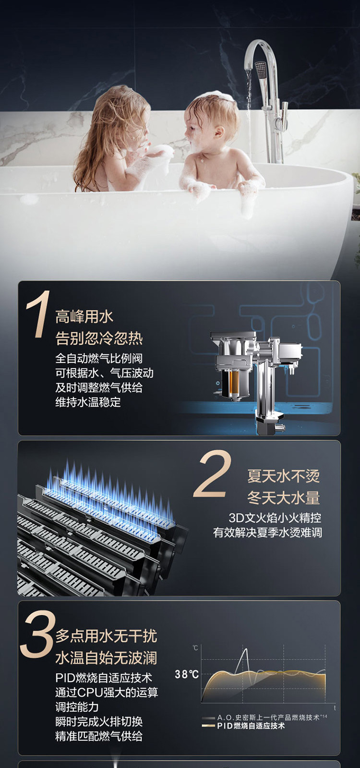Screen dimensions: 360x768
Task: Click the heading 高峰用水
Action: point(84,316)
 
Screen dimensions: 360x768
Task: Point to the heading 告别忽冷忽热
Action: point(99,338)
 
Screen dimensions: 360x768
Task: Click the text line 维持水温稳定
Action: point(88,402)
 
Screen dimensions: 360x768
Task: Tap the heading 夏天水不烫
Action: point(284,476)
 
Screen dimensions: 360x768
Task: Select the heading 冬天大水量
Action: point(284,498)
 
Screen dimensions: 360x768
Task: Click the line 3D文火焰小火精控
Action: point(275,518)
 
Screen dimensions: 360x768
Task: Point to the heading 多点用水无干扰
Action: point(106,636)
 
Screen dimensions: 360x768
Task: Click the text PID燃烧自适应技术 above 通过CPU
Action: point(104,678)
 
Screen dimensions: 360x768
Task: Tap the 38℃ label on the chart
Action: point(187,674)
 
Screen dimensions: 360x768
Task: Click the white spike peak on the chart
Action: point(245,649)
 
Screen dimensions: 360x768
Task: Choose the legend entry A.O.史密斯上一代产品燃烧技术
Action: point(264,717)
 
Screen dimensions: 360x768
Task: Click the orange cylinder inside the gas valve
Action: point(235,382)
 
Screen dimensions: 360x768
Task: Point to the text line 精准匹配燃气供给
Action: point(99,736)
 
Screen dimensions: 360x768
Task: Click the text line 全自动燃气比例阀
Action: point(99,359)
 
